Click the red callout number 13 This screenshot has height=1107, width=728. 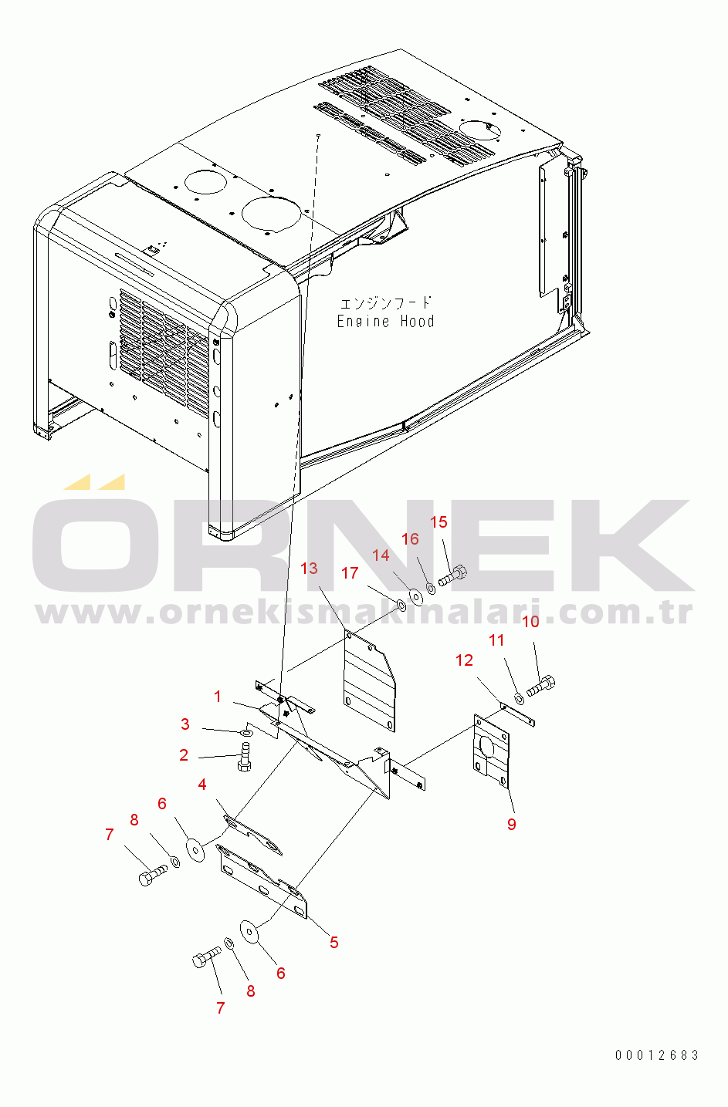[x=309, y=569]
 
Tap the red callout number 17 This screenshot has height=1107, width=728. [x=350, y=573]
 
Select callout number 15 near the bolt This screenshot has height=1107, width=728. [x=438, y=521]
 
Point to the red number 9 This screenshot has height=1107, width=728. [x=511, y=824]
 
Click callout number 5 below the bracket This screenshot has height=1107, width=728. [x=334, y=943]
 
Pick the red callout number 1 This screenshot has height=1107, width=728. [x=218, y=697]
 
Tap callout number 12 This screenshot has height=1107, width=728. [x=464, y=660]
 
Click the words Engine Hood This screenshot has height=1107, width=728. [x=386, y=321]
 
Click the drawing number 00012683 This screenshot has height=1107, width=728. [x=657, y=1055]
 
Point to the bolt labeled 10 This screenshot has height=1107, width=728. [x=541, y=686]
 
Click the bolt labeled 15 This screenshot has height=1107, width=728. [x=452, y=575]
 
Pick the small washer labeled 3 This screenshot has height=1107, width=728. [x=247, y=731]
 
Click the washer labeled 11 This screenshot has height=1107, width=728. [x=520, y=699]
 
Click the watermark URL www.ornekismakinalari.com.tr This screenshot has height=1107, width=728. [x=364, y=613]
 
